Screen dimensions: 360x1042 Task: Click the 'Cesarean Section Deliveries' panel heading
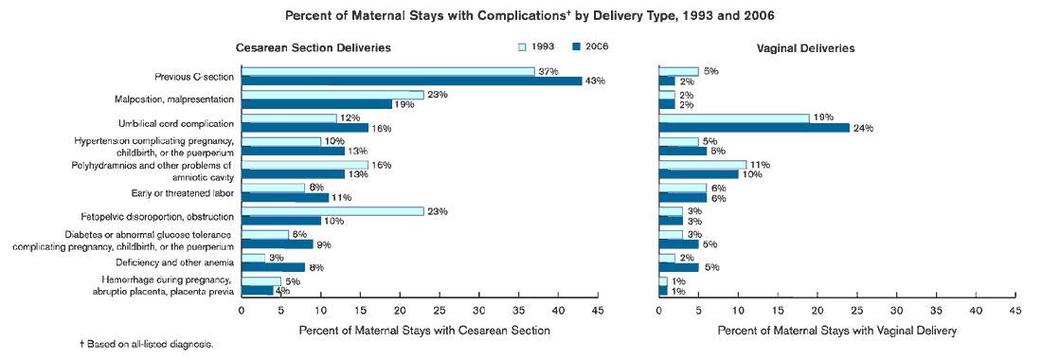tap(314, 47)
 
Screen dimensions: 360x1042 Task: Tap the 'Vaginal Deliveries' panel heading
tap(806, 47)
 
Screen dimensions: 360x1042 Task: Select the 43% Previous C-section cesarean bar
tap(411, 81)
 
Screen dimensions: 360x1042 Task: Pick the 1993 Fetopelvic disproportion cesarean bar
tap(332, 211)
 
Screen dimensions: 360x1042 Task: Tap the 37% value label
tap(548, 72)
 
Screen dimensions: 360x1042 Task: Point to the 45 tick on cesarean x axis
tap(597, 310)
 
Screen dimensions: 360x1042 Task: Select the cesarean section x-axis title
tap(423, 331)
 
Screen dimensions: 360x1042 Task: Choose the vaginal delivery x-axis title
tap(837, 331)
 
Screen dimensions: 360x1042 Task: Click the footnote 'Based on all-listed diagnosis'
tap(146, 344)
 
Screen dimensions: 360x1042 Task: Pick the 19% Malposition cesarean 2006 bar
tap(316, 104)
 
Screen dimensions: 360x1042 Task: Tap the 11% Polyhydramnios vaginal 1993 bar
tap(702, 165)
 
